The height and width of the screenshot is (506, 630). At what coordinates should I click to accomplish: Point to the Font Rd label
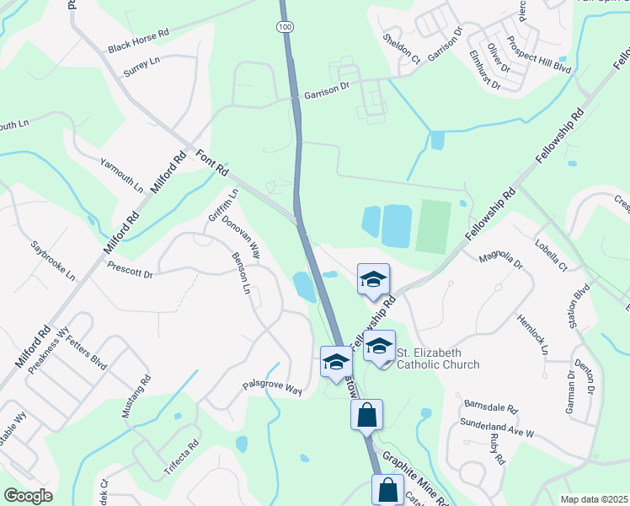click(x=212, y=163)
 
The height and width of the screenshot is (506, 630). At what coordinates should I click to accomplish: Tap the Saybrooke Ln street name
click(x=53, y=261)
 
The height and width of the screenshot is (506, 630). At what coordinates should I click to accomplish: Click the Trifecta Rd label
click(x=181, y=455)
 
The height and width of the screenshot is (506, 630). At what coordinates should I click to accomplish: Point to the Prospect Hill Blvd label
click(x=538, y=57)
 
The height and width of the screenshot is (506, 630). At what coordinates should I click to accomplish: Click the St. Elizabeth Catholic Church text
click(x=438, y=358)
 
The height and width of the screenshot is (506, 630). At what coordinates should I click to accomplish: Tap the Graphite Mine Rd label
click(x=415, y=478)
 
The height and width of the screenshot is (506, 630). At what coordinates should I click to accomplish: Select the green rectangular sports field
click(x=434, y=226)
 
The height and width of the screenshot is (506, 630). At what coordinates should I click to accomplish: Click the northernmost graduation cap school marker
click(x=373, y=280)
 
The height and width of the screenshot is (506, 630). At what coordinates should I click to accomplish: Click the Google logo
click(x=29, y=496)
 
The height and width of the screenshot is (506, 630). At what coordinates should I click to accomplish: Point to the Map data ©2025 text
click(x=594, y=499)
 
